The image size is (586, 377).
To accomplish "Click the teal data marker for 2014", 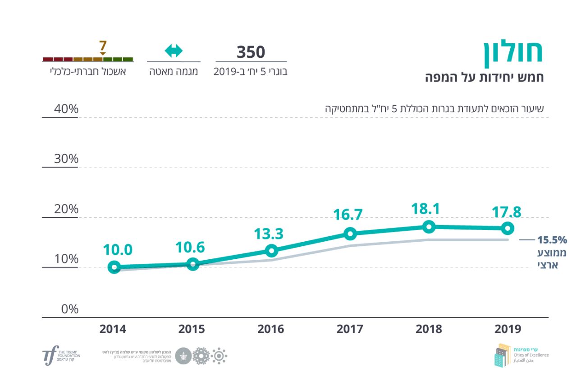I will pyautogui.click(x=114, y=267).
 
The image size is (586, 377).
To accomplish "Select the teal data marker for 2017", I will pyautogui.click(x=350, y=234).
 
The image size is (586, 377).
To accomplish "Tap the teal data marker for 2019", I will pyautogui.click(x=508, y=228).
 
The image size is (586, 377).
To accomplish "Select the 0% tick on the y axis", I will pyautogui.click(x=69, y=309).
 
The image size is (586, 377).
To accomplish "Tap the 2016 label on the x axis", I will pyautogui.click(x=271, y=329).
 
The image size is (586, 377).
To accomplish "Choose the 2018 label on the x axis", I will pyautogui.click(x=429, y=329).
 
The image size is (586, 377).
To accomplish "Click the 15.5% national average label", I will pyautogui.click(x=552, y=240).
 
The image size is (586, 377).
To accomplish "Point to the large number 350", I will pyautogui.click(x=251, y=52).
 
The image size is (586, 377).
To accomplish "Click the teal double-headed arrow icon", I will pyautogui.click(x=174, y=51).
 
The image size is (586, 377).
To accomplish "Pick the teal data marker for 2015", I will pyautogui.click(x=193, y=264).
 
